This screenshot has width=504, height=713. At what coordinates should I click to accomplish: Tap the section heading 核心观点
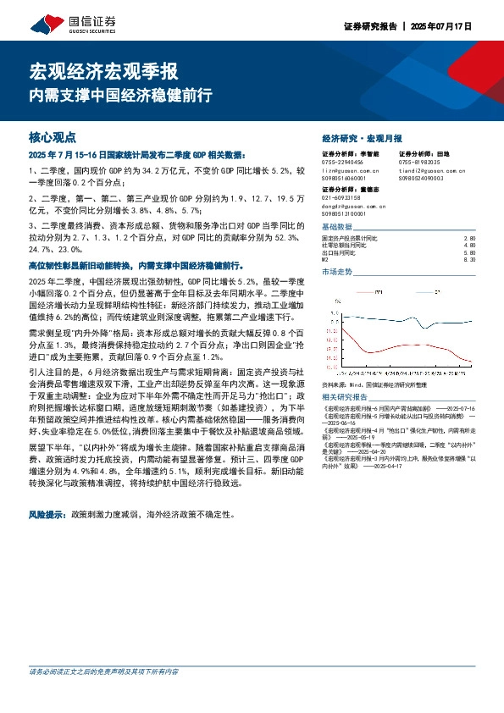point(53,135)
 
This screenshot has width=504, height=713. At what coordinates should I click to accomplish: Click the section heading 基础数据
point(338,227)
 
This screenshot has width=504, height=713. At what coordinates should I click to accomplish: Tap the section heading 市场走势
point(338,272)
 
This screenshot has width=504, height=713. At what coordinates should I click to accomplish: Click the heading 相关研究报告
point(345,396)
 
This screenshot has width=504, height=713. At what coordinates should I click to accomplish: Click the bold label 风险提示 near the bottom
point(47,513)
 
